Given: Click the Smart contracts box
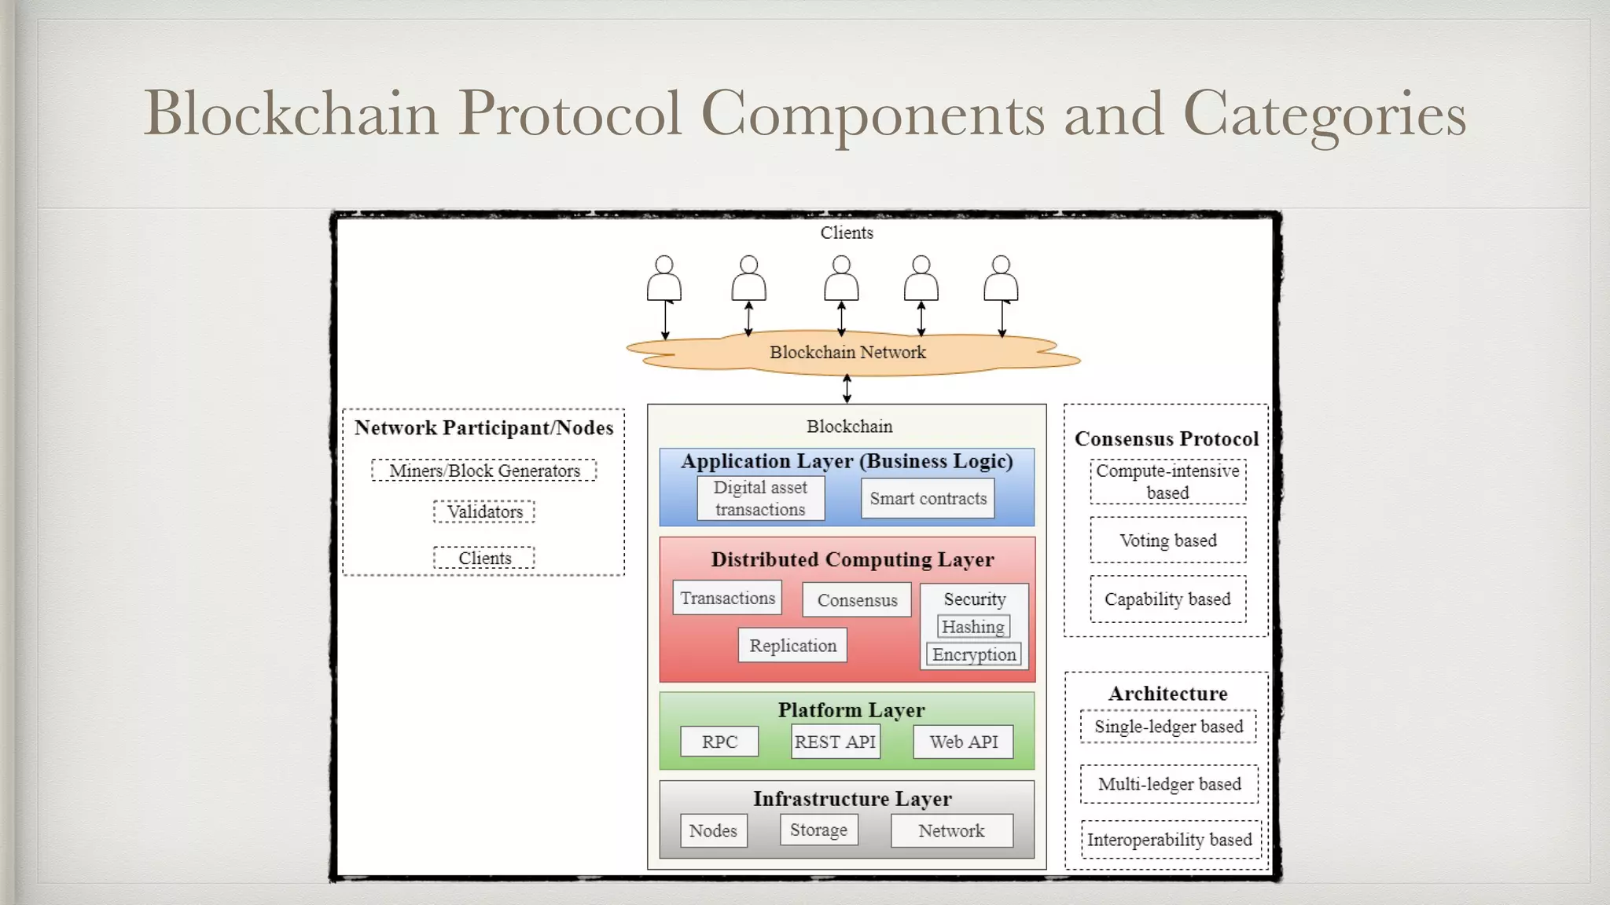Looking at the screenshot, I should (x=928, y=499).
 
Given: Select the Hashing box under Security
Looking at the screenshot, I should (x=973, y=627).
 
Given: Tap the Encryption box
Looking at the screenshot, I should (x=974, y=654).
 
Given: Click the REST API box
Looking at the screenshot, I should (x=835, y=742).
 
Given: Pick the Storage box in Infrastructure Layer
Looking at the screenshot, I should (x=818, y=830).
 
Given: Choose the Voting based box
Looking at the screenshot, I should (x=1167, y=540).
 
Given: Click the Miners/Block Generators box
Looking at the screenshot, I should (x=484, y=471).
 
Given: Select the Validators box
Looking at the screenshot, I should (x=484, y=512).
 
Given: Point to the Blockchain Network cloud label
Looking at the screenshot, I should (x=847, y=353).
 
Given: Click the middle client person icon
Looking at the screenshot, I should (x=841, y=279).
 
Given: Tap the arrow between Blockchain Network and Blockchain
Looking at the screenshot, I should (x=847, y=388).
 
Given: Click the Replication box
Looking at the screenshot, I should (x=792, y=646).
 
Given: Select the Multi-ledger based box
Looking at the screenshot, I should (x=1169, y=784).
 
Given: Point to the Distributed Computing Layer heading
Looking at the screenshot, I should (x=852, y=559).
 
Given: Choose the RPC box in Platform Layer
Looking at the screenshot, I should (x=719, y=742).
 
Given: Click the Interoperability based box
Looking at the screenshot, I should (x=1169, y=840).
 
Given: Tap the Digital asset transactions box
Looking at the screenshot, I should (x=760, y=499).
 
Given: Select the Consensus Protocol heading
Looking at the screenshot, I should (x=1166, y=438).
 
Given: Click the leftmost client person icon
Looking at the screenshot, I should (x=664, y=279).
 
